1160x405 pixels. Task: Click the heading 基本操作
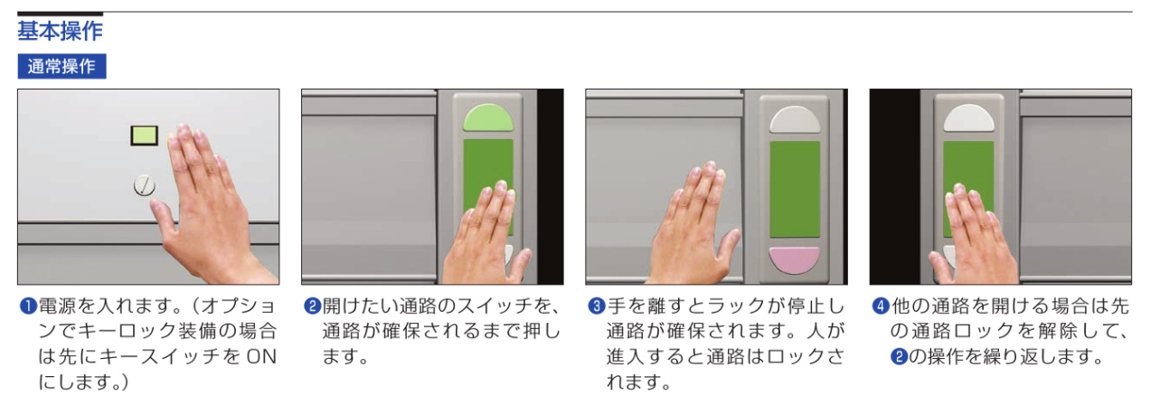(60, 31)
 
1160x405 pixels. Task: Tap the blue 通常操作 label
(61, 66)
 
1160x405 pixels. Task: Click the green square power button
(145, 136)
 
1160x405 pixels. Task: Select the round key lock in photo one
(144, 185)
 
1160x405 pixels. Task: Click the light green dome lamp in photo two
(488, 119)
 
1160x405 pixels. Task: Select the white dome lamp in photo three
(795, 120)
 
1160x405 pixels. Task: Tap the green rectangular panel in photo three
(795, 189)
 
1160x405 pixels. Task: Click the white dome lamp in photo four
(968, 118)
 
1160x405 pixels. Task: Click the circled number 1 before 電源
(27, 306)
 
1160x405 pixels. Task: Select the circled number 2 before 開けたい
(312, 306)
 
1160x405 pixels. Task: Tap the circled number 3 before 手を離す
(597, 306)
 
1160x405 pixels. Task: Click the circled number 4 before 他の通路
(881, 306)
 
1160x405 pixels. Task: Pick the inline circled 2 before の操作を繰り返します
(899, 357)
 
